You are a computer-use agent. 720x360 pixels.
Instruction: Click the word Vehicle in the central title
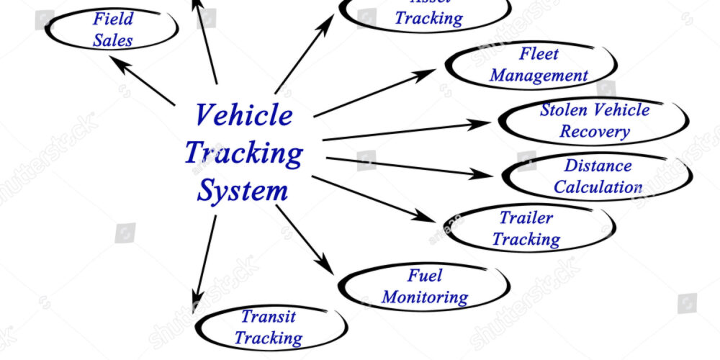tap(244, 115)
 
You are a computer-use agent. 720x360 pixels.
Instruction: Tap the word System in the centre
tap(243, 192)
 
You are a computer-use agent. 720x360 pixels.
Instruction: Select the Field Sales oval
tap(113, 30)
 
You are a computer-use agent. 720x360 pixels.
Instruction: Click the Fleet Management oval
tap(531, 65)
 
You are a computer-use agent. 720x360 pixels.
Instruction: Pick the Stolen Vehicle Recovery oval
tap(593, 121)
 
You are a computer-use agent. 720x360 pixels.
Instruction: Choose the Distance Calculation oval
tap(597, 176)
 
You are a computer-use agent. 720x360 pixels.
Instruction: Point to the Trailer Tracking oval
tap(526, 229)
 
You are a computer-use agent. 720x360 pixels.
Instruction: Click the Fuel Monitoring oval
tap(424, 287)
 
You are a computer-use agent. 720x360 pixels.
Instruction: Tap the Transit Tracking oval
tap(269, 327)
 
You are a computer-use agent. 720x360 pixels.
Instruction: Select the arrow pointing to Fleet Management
tap(374, 93)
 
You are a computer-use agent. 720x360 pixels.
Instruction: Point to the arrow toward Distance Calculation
tap(407, 166)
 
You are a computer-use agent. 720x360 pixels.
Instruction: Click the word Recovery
tap(595, 132)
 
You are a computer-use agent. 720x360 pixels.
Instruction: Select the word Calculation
tap(598, 187)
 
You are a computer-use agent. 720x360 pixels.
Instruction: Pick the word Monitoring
tap(425, 297)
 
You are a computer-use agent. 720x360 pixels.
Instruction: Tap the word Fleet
tap(539, 54)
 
